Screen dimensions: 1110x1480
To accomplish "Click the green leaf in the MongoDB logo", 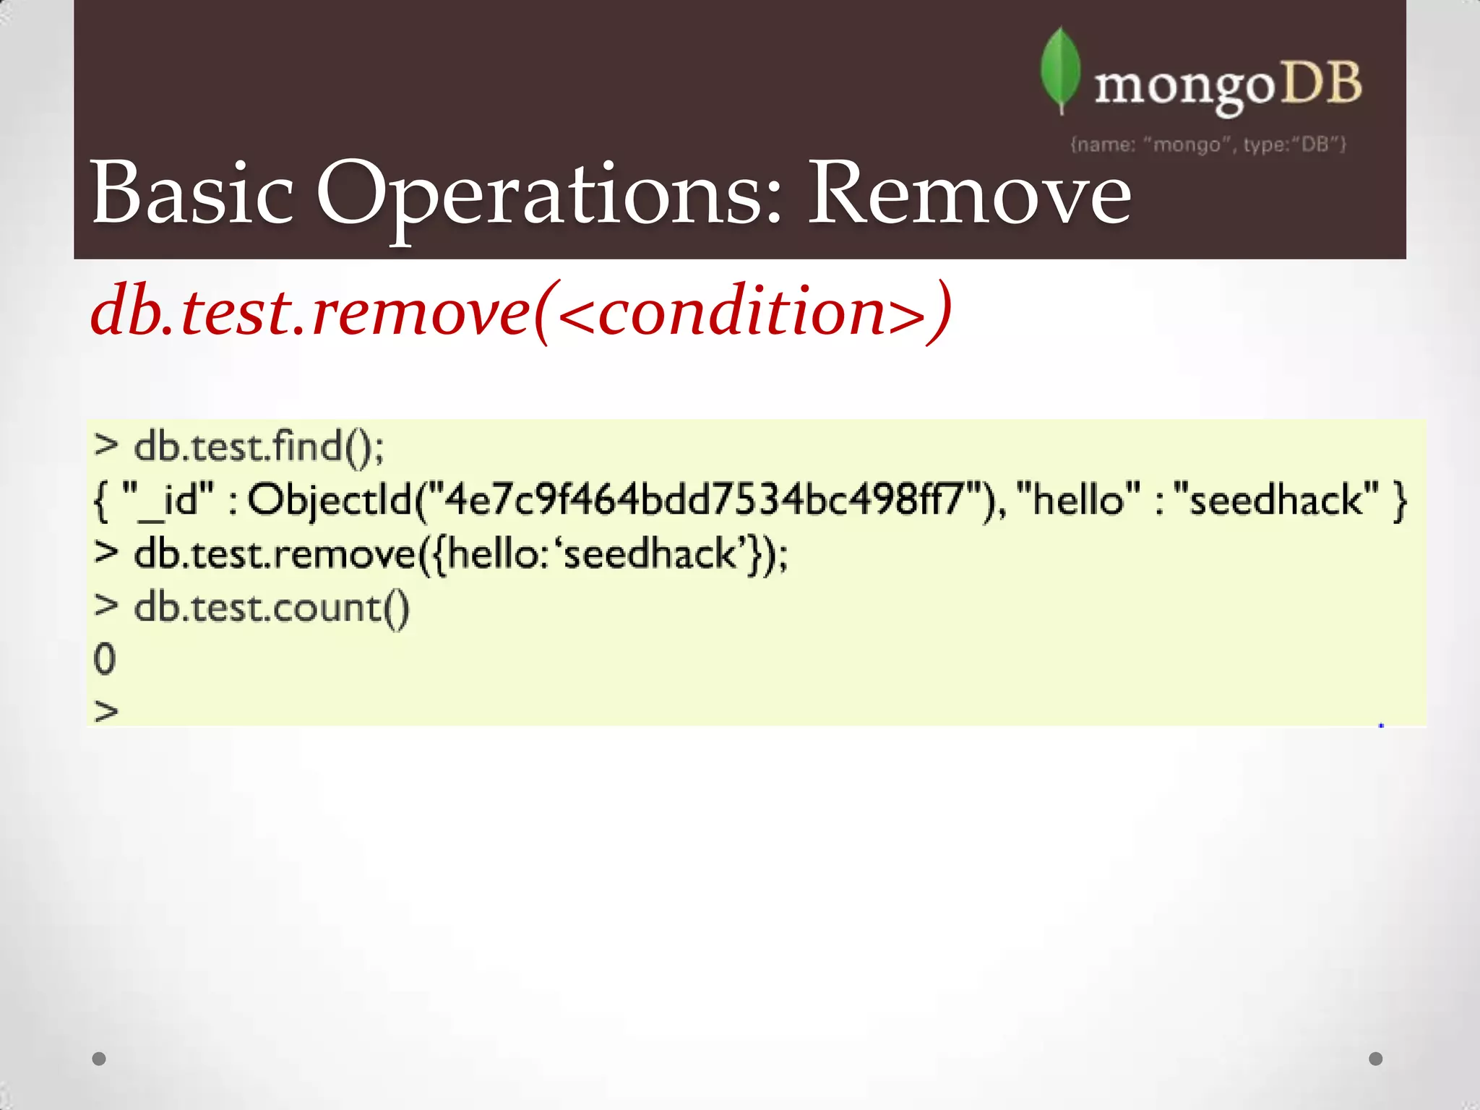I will click(1060, 69).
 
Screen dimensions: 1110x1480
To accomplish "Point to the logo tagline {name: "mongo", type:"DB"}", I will click(1208, 145).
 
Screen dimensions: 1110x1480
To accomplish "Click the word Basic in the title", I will click(192, 194).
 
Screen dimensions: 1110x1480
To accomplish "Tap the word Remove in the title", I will click(968, 194).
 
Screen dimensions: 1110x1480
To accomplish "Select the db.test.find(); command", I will click(259, 447).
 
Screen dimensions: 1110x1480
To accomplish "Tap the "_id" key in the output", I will click(169, 500).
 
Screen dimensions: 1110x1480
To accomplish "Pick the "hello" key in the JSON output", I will click(1077, 500).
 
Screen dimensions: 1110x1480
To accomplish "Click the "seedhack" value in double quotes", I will click(1275, 500).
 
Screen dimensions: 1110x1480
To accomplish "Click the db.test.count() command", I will click(272, 607).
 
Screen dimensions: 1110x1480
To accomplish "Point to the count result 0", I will click(105, 659).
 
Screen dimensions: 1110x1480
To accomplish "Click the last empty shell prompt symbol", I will click(106, 712).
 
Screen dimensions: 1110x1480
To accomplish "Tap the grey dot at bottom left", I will click(100, 1059).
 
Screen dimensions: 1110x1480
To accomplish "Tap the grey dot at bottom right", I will click(1376, 1059).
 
